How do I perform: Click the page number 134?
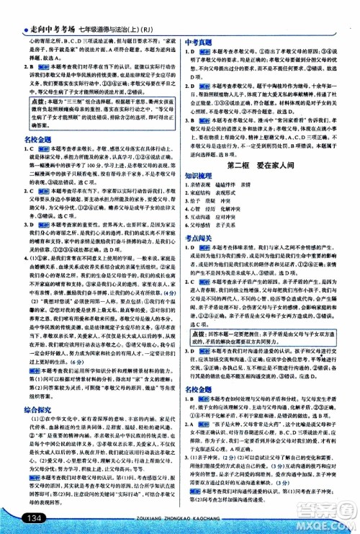coord(35,517)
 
